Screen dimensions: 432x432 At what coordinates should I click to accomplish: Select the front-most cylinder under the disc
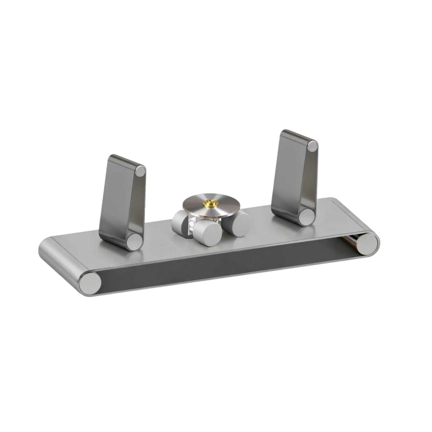tap(207, 233)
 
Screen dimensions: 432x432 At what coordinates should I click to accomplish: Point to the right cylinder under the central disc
tap(238, 222)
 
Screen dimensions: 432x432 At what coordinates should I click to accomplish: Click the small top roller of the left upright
tap(140, 171)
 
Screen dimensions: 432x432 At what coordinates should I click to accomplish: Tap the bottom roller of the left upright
tap(134, 241)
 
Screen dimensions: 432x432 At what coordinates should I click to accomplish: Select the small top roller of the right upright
tap(312, 146)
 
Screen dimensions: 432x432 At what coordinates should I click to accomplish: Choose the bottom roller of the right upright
tap(307, 217)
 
